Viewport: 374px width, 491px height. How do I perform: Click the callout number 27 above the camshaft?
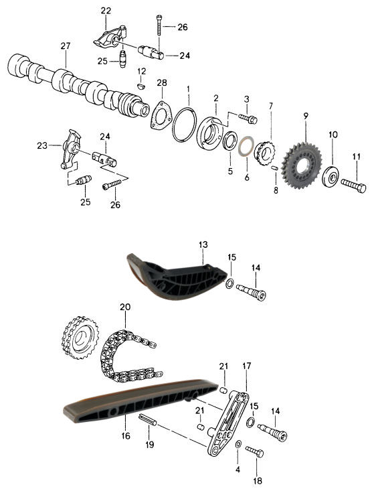(x=66, y=46)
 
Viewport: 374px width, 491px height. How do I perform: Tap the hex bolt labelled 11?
(x=353, y=186)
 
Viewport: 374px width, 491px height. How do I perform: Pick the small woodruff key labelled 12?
(x=141, y=86)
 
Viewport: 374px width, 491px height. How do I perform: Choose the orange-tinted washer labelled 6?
(x=245, y=147)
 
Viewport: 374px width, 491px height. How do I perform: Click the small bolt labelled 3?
(x=248, y=119)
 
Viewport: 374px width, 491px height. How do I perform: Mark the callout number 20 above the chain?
(x=125, y=307)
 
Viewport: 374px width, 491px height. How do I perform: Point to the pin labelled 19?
(x=147, y=419)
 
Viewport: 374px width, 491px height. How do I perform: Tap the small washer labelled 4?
(x=238, y=443)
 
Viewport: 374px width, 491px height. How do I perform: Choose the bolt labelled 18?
(x=254, y=451)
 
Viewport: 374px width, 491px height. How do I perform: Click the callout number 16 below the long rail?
(x=126, y=435)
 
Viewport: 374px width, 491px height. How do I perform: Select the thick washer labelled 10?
(x=331, y=178)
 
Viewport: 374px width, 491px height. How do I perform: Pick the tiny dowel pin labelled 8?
(x=275, y=168)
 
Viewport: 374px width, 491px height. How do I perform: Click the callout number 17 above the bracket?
(x=246, y=366)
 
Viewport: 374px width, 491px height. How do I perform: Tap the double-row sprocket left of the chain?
(x=80, y=338)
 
